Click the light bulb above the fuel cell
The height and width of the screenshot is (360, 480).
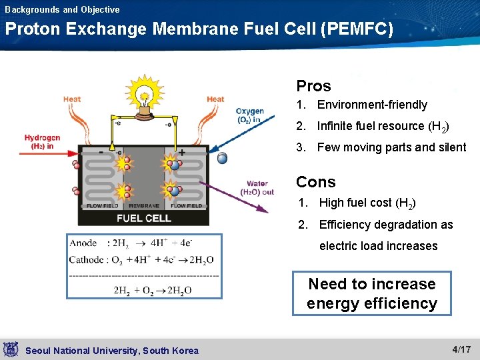pos(143,97)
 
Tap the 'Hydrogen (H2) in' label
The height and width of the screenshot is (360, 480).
pos(42,142)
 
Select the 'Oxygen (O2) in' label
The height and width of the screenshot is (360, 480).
pos(250,115)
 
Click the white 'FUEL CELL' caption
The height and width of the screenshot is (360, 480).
pos(144,218)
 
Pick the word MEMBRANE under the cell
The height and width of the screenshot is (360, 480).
pos(144,206)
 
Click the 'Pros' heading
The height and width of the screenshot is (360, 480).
pos(313,86)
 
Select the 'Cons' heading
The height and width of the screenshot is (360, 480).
pos(316,182)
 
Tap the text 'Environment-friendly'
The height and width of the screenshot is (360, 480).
pos(372,105)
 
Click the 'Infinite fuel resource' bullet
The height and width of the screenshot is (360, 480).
pos(383,126)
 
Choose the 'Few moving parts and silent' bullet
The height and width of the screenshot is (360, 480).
pos(391,147)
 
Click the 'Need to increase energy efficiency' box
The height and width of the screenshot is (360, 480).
pos(372,293)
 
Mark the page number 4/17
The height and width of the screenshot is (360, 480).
pos(461,349)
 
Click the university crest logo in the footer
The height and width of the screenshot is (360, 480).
pos(11,349)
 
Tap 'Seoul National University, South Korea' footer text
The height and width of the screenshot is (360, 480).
pos(111,351)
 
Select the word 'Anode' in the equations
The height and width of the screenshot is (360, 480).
pos(83,243)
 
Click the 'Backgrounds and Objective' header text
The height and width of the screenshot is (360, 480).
pos(62,9)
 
